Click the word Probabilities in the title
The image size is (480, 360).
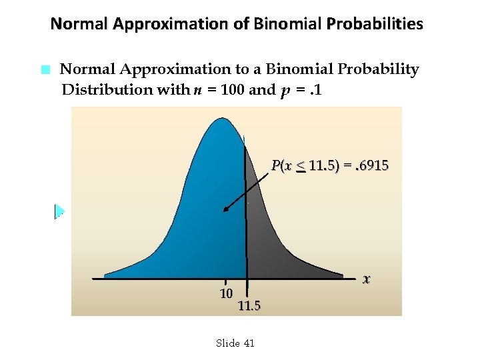pyautogui.click(x=375, y=25)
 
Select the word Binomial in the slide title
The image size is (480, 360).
pyautogui.click(x=287, y=25)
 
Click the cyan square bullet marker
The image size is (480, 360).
pyautogui.click(x=45, y=69)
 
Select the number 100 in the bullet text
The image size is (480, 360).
pyautogui.click(x=232, y=90)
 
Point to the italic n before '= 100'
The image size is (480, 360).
pyautogui.click(x=199, y=91)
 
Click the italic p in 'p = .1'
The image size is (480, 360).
pyautogui.click(x=285, y=91)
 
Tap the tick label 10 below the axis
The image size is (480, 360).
pyautogui.click(x=226, y=293)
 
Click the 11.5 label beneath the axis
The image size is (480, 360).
pyautogui.click(x=249, y=307)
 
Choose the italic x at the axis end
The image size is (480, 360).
pyautogui.click(x=367, y=279)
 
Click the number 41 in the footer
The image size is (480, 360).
pyautogui.click(x=249, y=343)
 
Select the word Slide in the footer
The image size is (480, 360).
pyautogui.click(x=228, y=343)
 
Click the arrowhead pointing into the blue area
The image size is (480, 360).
pyautogui.click(x=227, y=209)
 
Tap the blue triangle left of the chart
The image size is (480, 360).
pyautogui.click(x=59, y=211)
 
